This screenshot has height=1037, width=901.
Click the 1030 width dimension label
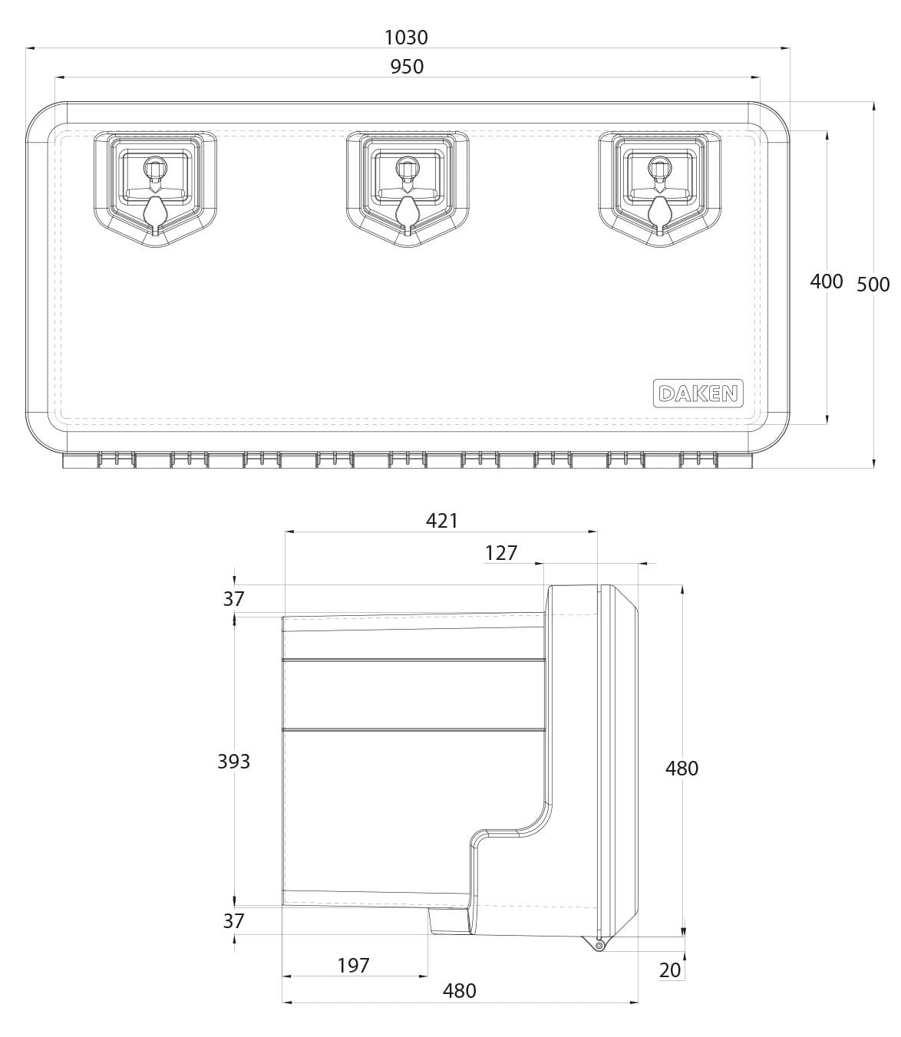[x=406, y=38]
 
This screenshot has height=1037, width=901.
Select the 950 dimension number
[x=407, y=67]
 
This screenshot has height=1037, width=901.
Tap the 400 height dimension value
[x=826, y=281]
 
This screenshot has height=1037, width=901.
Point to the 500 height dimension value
[x=873, y=285]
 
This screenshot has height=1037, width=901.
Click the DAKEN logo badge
[x=698, y=393]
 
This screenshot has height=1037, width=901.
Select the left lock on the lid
[x=155, y=189]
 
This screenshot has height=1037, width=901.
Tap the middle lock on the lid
[x=408, y=189]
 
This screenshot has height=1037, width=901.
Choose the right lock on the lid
[x=660, y=189]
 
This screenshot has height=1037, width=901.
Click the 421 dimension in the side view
[x=441, y=521]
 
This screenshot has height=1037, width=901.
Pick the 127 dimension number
[x=501, y=553]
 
